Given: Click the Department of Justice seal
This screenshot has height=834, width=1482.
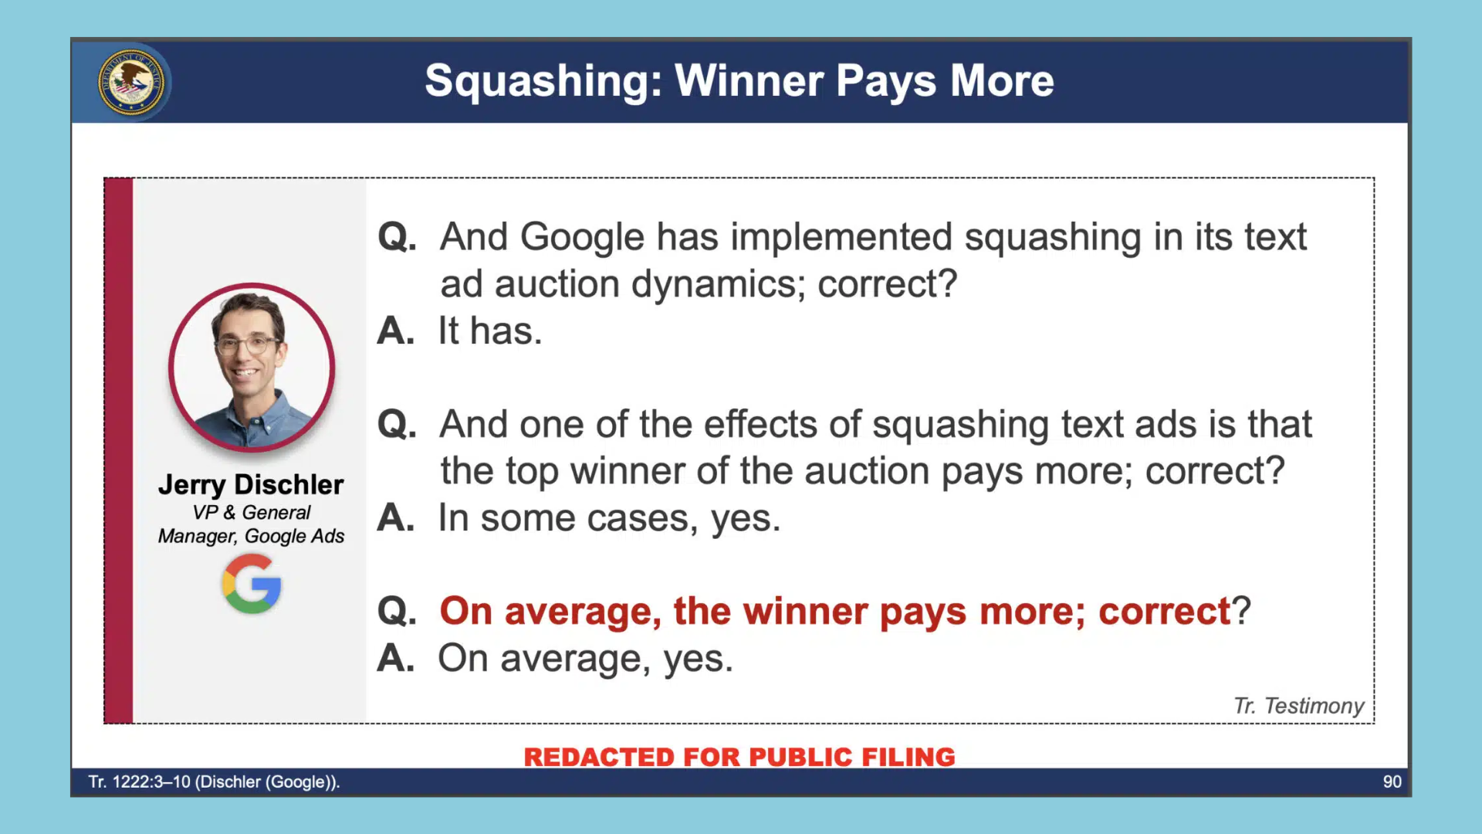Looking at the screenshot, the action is (x=132, y=82).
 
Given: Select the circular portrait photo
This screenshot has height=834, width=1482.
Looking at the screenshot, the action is (x=252, y=368).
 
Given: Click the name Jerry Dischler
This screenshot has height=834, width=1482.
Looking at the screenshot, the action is (x=251, y=484).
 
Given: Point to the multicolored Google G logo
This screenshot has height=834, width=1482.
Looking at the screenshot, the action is (x=252, y=585).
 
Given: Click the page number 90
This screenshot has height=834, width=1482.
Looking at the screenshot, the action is (x=1392, y=781).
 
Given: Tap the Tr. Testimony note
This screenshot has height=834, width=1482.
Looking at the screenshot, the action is (x=1298, y=705).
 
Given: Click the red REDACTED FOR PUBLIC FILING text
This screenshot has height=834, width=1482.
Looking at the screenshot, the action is (x=739, y=757).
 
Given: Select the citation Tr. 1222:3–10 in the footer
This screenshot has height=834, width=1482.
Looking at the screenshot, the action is (x=139, y=781).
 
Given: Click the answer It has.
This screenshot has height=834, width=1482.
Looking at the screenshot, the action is (x=490, y=331).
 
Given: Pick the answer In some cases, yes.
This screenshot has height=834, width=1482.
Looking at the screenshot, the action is (x=610, y=518).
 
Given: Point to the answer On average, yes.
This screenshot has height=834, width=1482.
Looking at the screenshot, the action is (x=585, y=659).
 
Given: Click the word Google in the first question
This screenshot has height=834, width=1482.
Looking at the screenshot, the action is (x=582, y=237).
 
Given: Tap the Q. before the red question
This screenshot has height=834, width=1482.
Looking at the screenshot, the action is (x=397, y=612).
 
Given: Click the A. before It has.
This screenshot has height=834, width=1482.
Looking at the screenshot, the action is (x=395, y=331).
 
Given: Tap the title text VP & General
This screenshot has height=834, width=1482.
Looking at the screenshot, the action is (x=251, y=512).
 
